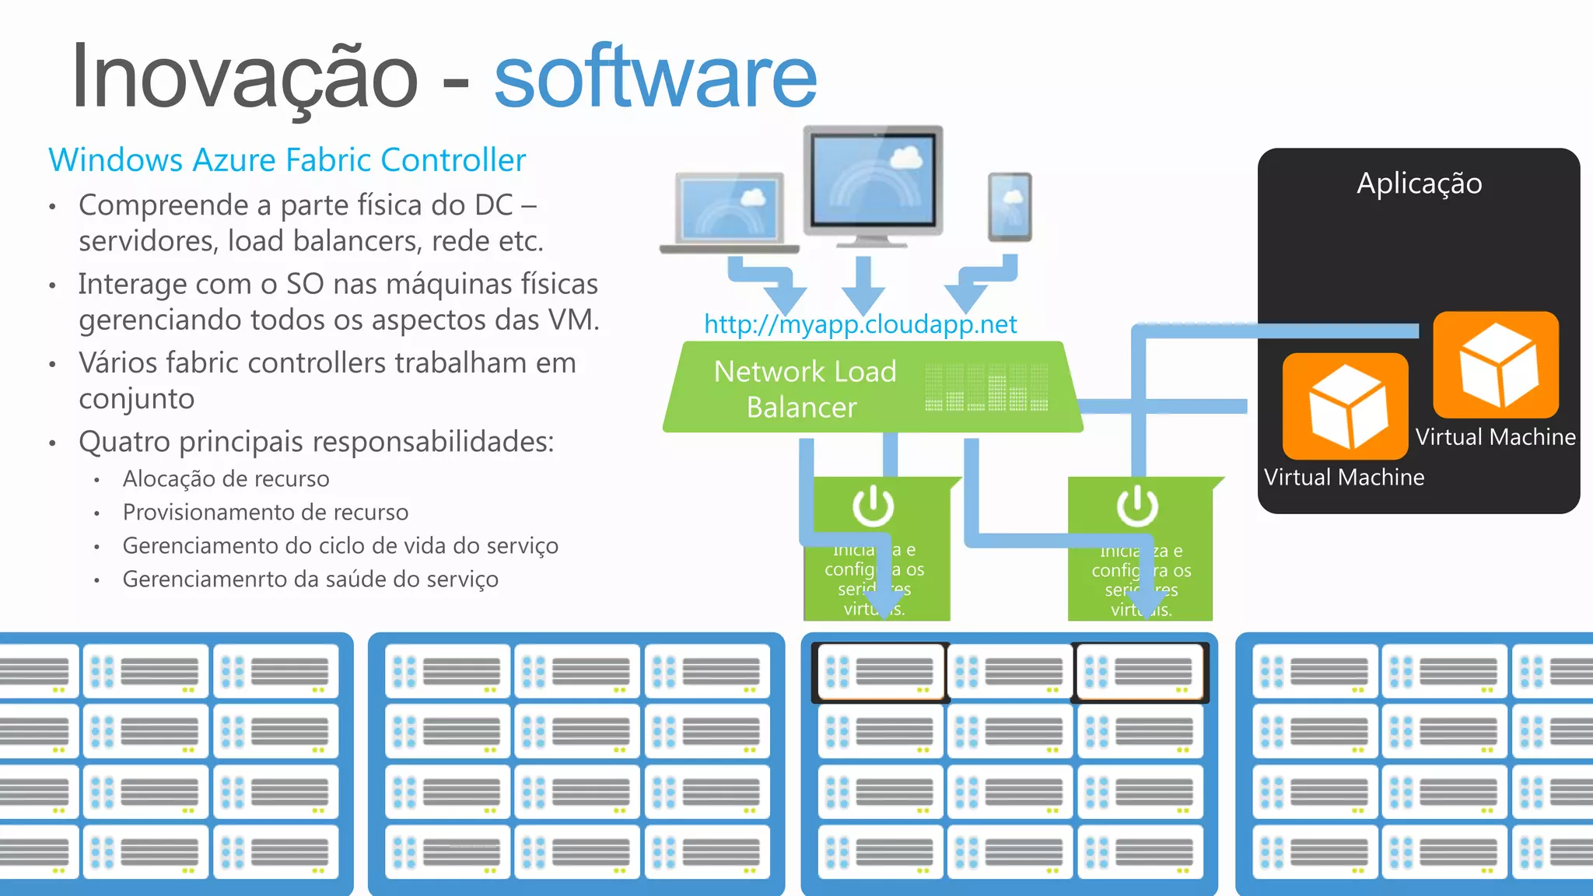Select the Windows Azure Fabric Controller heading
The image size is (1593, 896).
287,160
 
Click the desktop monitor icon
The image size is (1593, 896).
874,185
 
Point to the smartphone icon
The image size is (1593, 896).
1010,207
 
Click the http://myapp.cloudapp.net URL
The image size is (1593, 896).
860,324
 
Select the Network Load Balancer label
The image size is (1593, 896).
804,389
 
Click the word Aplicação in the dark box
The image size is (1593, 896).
1419,184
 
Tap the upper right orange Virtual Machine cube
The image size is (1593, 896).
1496,365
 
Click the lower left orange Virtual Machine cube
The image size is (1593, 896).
1346,406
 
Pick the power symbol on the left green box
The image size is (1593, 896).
873,506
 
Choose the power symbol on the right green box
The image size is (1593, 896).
1137,506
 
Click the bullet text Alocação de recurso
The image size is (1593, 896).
226,479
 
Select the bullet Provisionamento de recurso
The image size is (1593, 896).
265,513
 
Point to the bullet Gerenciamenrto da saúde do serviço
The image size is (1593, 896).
310,579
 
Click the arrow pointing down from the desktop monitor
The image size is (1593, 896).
863,286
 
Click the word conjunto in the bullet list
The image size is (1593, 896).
136,399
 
